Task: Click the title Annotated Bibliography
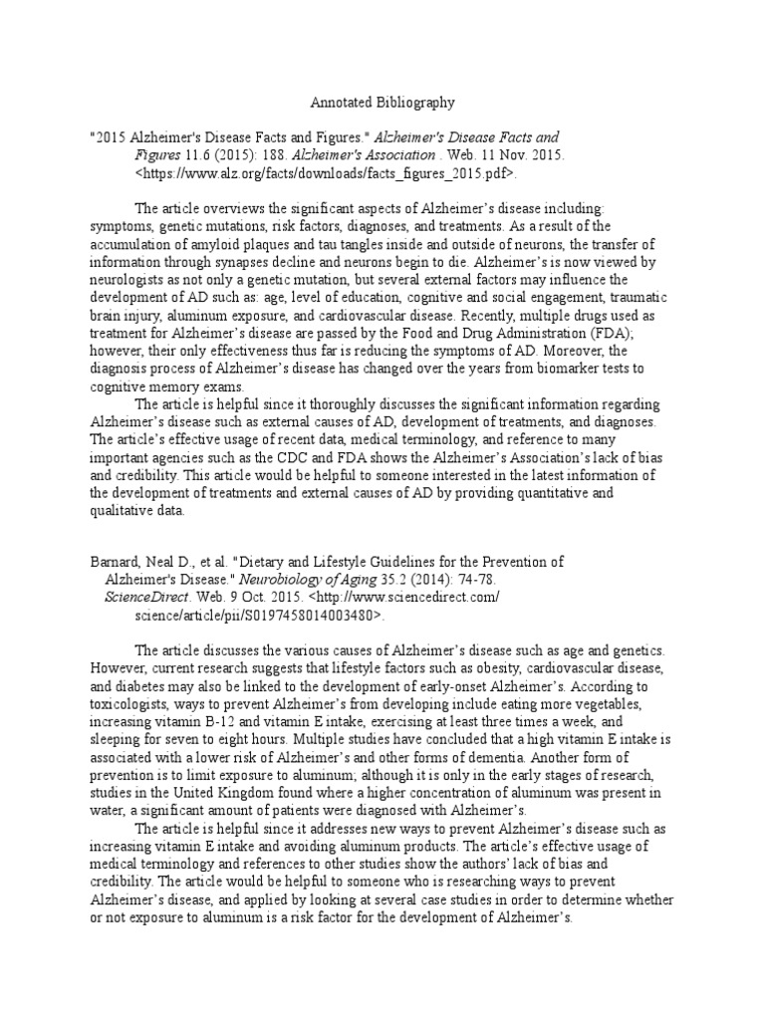click(382, 102)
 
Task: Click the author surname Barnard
click(116, 562)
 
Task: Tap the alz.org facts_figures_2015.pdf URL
click(327, 172)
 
